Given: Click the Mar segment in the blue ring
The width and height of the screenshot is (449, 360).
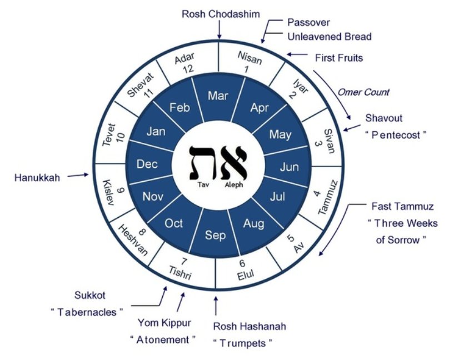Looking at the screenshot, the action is click(218, 96).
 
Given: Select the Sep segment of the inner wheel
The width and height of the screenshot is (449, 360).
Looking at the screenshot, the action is click(216, 235).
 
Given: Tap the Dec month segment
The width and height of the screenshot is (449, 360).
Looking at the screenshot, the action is click(147, 164).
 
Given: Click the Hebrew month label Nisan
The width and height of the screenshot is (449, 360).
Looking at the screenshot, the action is click(250, 57).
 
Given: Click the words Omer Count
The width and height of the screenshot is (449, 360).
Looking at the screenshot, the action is click(365, 92).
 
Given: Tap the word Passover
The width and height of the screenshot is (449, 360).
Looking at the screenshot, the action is click(308, 23).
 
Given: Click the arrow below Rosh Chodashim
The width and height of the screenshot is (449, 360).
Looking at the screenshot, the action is click(219, 31).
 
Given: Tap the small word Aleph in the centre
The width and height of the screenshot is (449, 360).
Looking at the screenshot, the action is click(234, 186).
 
